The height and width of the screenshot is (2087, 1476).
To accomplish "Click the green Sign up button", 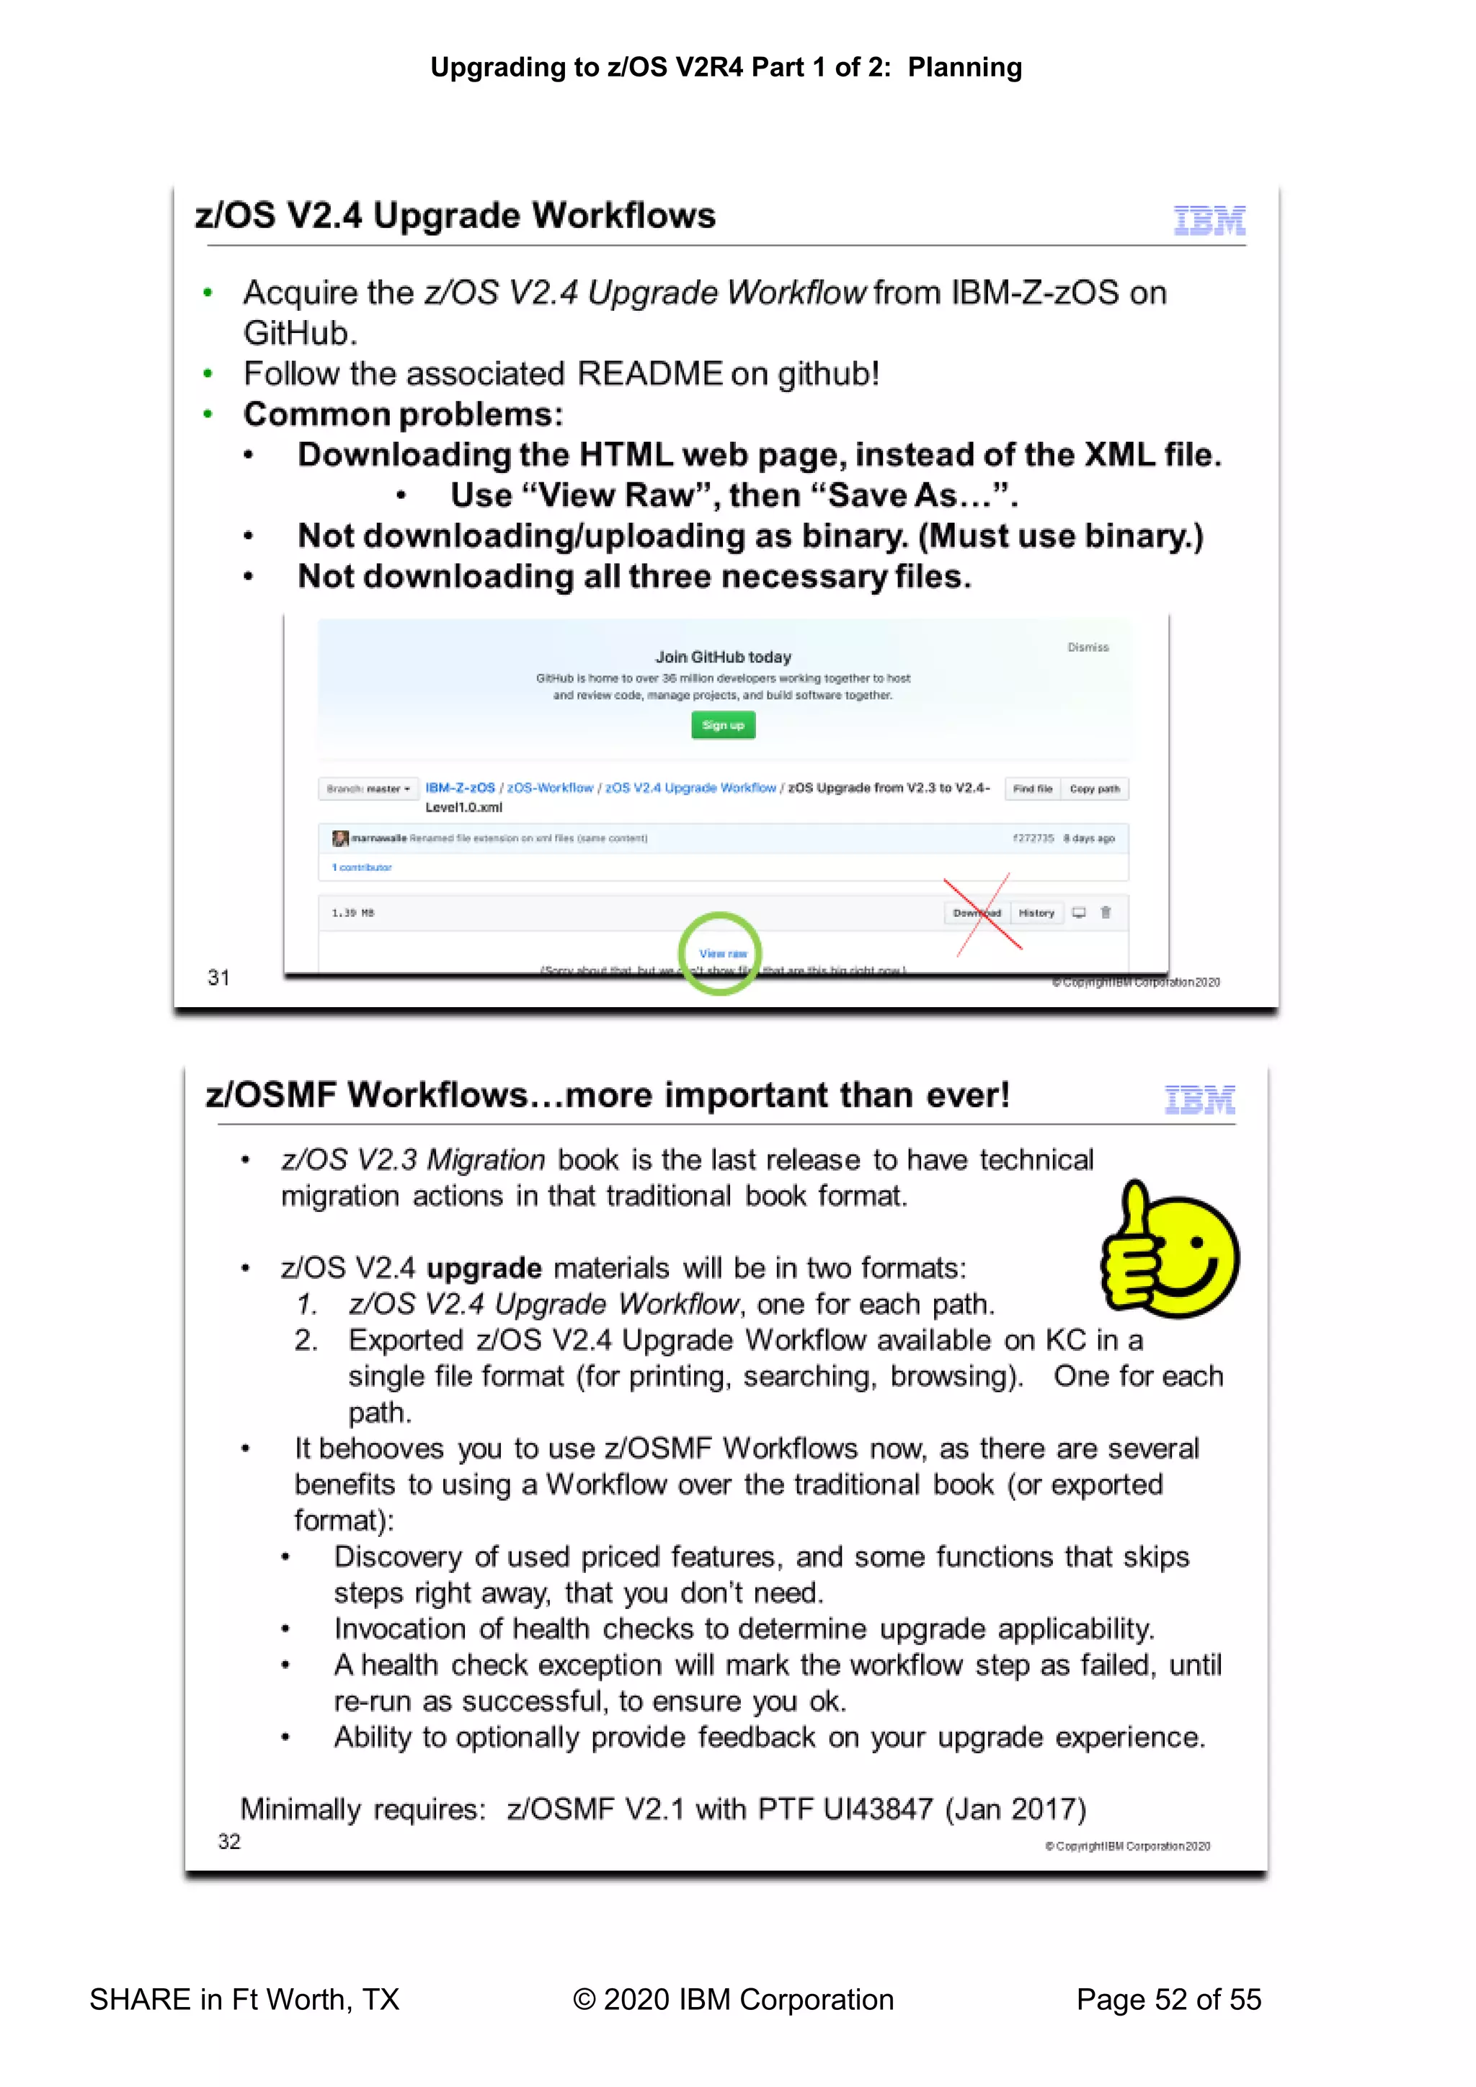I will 723,725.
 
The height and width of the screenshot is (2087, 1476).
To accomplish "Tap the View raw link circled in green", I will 723,954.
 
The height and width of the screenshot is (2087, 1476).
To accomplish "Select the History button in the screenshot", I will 1036,913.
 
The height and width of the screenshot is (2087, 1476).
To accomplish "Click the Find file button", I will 1033,788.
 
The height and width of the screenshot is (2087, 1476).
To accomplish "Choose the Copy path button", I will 1094,788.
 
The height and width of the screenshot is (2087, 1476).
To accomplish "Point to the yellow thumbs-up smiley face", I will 1170,1250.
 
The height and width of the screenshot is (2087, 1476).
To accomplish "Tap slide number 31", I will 218,978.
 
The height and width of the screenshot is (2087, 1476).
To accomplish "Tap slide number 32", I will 229,1842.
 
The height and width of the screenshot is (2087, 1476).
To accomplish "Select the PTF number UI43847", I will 877,1809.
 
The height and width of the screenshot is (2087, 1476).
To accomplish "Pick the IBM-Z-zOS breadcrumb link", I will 460,787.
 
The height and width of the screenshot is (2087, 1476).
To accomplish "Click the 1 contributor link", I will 362,867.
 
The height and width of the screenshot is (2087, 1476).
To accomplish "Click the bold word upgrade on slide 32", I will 484,1268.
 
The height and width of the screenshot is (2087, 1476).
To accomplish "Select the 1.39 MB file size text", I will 352,913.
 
